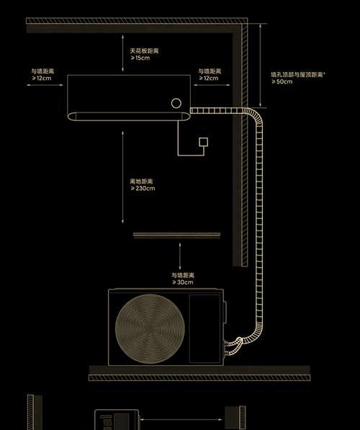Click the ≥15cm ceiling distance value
coord(140,58)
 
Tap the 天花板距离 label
coord(144,51)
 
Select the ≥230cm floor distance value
coord(143,189)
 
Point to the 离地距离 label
coord(141,182)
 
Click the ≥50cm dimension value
coord(282,81)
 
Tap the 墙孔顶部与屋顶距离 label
coord(297,75)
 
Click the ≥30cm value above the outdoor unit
coord(183,282)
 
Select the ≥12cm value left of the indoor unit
coord(42,79)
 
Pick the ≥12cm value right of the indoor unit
coord(209,79)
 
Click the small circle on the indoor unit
coord(176,103)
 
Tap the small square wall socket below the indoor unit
coord(203,142)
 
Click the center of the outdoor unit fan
coord(150,329)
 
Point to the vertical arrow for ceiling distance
coord(123,53)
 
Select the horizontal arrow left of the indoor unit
coord(45,85)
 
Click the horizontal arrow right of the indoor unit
coord(212,85)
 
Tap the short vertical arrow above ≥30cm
coord(180,256)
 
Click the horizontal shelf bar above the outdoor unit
coord(177,236)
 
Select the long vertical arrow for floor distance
coord(123,177)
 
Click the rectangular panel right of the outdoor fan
coord(204,328)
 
